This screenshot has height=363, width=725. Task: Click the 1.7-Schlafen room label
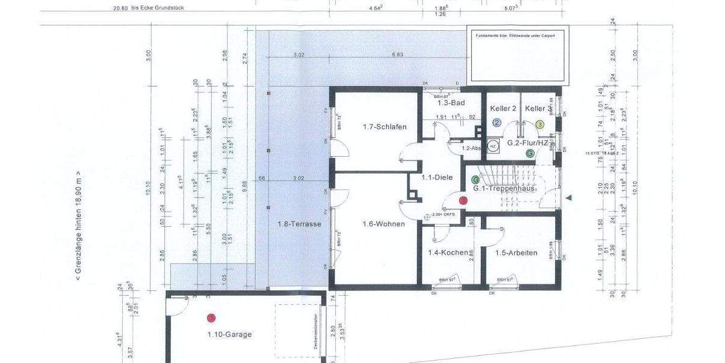click(x=384, y=127)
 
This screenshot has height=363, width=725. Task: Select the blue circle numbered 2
click(x=497, y=123)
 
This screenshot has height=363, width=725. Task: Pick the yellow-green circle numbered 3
click(x=540, y=124)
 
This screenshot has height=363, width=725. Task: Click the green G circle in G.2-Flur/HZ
click(x=530, y=154)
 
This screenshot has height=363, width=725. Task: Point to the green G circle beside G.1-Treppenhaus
click(x=475, y=180)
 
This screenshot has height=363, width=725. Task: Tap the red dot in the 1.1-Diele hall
click(x=463, y=200)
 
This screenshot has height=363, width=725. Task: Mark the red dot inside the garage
click(x=211, y=318)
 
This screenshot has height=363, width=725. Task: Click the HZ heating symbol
click(x=493, y=146)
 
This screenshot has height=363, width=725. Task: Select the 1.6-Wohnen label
click(x=384, y=224)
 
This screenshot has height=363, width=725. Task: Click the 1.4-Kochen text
click(x=448, y=253)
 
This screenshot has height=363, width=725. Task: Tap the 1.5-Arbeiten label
click(x=516, y=253)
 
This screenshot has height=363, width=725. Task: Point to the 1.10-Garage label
click(x=229, y=334)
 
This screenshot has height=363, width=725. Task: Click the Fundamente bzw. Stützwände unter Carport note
click(x=515, y=36)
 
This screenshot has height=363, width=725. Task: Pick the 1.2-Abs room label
click(x=470, y=148)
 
